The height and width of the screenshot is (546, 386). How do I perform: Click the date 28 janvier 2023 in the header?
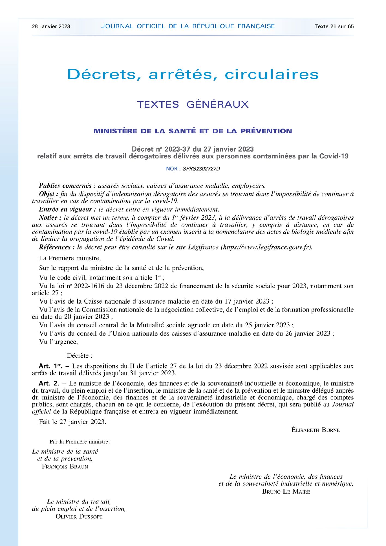(51, 26)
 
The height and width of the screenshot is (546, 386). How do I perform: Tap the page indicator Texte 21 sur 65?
(334, 26)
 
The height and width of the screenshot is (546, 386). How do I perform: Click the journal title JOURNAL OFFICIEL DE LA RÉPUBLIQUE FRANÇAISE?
(188, 26)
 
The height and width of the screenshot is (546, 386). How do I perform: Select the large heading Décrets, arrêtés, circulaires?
(193, 74)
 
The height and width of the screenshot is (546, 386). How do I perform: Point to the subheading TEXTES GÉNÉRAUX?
(193, 104)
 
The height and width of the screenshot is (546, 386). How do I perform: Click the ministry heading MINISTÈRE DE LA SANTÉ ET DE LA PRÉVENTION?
(193, 131)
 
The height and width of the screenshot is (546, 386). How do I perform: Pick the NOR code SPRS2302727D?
(201, 169)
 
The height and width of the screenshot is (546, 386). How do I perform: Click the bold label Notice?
(50, 218)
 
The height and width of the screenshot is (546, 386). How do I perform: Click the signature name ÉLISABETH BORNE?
(315, 430)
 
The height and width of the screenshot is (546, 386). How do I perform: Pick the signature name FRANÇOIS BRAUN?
(65, 467)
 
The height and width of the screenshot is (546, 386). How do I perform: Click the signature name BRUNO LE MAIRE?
(286, 492)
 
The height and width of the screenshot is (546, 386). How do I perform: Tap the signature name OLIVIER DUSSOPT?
(79, 517)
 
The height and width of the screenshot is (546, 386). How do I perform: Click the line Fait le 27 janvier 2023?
(72, 422)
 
